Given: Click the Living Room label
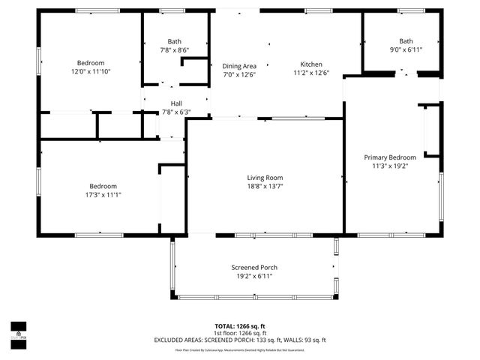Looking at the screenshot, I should [265, 178].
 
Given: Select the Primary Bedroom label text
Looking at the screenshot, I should [390, 157].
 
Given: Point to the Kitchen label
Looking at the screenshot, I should [311, 64].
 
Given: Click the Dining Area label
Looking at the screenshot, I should [240, 64].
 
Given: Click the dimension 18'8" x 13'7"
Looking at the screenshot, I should [265, 187].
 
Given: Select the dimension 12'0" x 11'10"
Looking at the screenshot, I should [91, 72].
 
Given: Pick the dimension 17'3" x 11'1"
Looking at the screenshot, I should [103, 195].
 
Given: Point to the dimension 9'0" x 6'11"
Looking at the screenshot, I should [406, 50].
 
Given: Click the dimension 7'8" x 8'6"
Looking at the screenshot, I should [175, 50].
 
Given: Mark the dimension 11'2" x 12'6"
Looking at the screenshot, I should [311, 73].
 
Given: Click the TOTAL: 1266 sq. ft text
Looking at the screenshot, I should [240, 326].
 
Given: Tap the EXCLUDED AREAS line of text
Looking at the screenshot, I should [240, 340].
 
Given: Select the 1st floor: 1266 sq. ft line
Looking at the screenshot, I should [240, 333].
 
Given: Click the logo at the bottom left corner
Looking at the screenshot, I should [17, 331].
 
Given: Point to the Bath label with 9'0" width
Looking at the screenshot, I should [406, 41].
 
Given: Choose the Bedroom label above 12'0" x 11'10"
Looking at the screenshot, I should [91, 63].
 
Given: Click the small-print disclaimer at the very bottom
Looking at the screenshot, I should [240, 349].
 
